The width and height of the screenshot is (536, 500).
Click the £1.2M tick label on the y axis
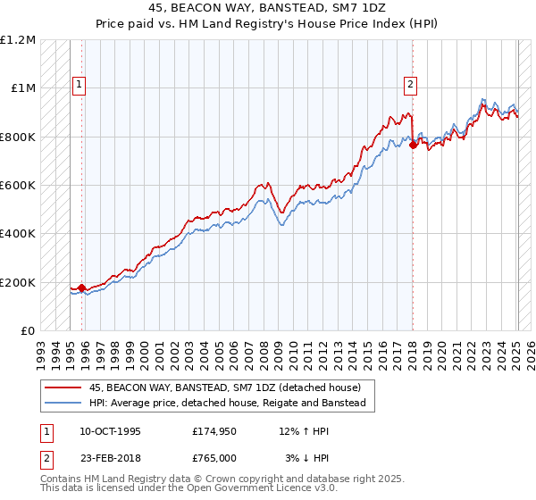point(18,40)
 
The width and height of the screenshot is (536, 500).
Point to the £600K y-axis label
point(18,186)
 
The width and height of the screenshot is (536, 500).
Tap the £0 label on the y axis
point(29,331)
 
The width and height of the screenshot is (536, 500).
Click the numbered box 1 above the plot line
point(79,85)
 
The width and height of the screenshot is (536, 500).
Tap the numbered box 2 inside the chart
point(410,85)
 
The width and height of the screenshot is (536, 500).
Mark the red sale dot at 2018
point(413,146)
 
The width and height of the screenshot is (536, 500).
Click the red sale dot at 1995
point(81,288)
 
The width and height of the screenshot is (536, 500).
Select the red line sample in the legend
point(63,387)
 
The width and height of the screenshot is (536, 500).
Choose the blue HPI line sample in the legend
point(63,404)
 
